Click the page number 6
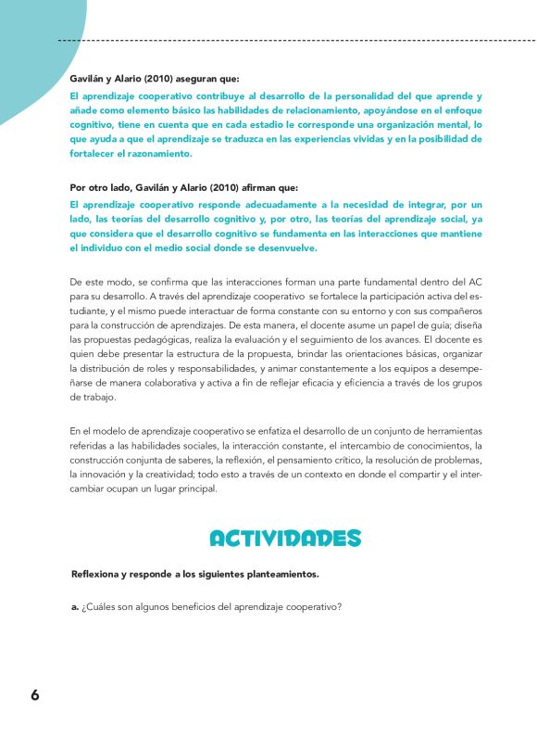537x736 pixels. click(34, 694)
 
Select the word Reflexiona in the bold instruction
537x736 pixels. click(96, 574)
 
